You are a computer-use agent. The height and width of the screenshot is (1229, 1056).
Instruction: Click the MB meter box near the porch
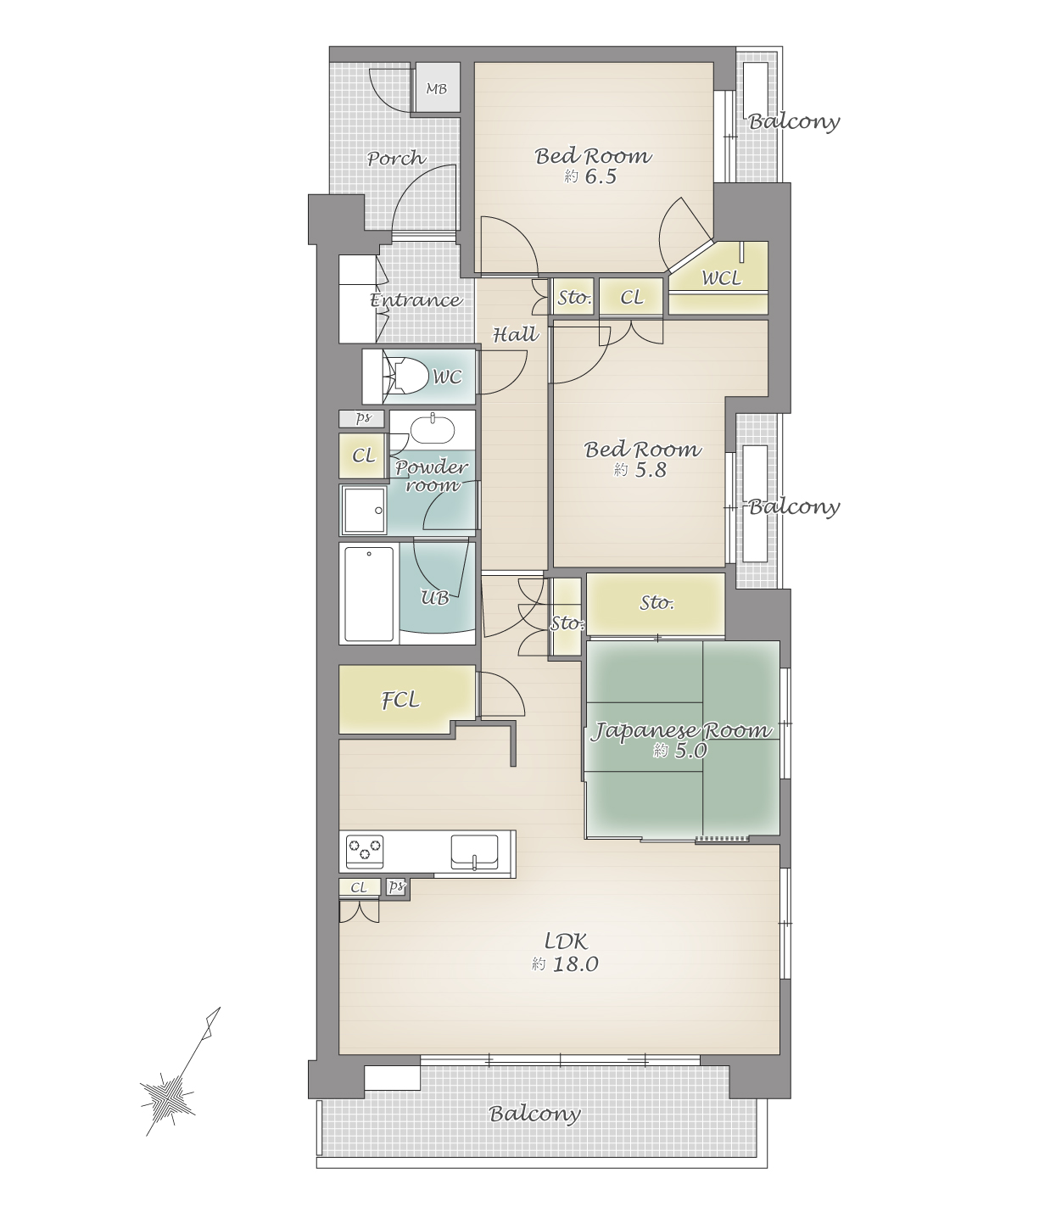click(x=437, y=87)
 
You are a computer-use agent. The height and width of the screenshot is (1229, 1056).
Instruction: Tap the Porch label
click(x=397, y=158)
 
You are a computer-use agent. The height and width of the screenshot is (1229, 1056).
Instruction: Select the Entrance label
click(x=416, y=299)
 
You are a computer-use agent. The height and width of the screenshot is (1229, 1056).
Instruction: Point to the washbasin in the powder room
click(x=433, y=429)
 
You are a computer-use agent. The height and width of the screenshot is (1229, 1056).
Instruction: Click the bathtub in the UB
click(x=369, y=594)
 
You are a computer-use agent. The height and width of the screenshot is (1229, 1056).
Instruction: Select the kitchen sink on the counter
click(x=474, y=852)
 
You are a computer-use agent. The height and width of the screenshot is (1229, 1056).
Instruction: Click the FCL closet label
click(x=400, y=700)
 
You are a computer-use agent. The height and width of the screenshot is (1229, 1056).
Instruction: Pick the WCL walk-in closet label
click(x=721, y=278)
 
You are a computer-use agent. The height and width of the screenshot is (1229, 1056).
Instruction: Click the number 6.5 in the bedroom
click(x=601, y=176)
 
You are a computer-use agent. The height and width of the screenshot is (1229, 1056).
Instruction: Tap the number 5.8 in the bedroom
click(x=651, y=471)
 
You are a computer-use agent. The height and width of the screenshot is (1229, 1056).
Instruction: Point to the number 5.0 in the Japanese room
click(x=690, y=751)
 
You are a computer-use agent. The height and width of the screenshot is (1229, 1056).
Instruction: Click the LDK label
click(x=566, y=941)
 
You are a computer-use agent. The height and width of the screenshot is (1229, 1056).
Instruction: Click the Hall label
click(x=516, y=334)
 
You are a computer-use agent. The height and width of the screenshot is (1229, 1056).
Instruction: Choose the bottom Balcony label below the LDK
click(x=534, y=1113)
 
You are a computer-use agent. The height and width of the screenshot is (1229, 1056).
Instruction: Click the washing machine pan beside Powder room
click(x=365, y=510)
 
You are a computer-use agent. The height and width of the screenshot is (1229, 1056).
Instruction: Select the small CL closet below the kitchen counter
click(x=360, y=887)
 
